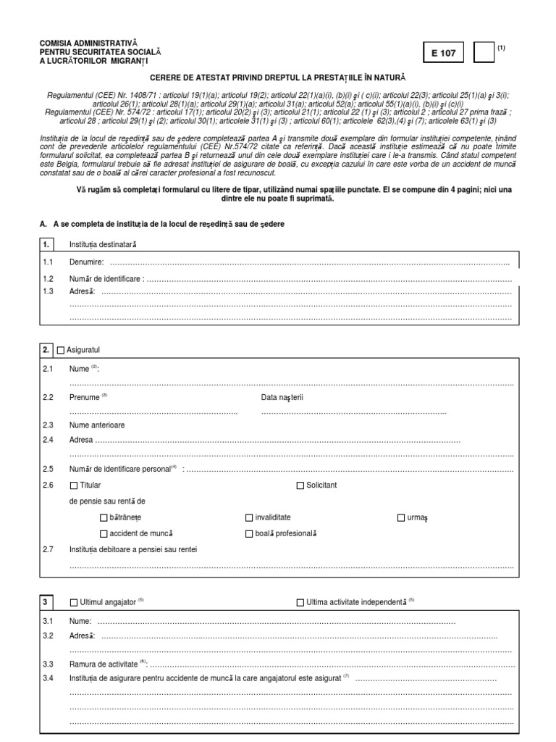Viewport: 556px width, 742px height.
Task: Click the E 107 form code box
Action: [444, 54]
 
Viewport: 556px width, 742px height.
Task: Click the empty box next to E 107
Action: [483, 54]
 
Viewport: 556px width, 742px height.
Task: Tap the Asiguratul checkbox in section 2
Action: [61, 350]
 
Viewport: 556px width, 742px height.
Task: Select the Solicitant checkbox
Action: [301, 485]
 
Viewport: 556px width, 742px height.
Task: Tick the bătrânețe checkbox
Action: [103, 517]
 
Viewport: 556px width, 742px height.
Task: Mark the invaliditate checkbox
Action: [249, 517]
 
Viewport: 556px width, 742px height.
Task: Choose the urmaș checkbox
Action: [401, 517]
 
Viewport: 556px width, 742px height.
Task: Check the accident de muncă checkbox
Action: [103, 533]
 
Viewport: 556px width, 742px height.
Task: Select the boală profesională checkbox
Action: [249, 533]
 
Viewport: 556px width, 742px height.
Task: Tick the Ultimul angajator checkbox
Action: [73, 602]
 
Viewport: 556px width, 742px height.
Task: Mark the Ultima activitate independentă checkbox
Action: [301, 602]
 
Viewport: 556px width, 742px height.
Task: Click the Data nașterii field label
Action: [282, 397]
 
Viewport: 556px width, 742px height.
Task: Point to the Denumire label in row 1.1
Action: [86, 262]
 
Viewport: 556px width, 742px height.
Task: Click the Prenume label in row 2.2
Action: [83, 397]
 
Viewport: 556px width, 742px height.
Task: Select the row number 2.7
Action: [49, 549]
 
